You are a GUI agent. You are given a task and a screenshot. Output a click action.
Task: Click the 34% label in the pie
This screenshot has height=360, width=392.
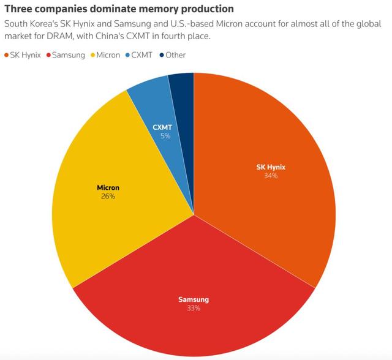(271, 176)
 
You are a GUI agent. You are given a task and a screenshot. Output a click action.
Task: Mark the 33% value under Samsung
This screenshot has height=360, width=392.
(194, 308)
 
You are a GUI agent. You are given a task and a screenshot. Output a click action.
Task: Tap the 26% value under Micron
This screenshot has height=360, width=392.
(108, 197)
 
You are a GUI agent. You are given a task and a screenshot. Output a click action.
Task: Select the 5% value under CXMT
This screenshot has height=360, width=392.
(165, 136)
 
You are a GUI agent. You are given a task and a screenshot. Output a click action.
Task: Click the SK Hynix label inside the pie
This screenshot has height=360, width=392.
(271, 167)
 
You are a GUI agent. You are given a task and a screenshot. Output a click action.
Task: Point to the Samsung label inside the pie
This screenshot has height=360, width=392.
(194, 299)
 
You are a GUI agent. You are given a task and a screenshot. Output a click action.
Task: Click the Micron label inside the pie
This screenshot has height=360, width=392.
(108, 187)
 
